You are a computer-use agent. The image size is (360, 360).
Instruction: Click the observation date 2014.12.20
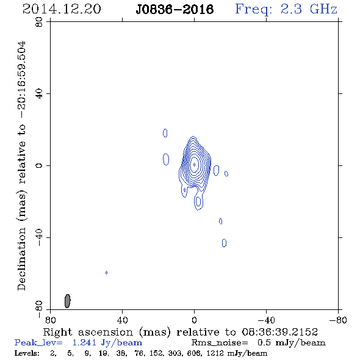62,9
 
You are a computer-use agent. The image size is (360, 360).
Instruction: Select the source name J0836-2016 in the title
175,9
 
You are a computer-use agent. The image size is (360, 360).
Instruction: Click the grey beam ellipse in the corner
67,301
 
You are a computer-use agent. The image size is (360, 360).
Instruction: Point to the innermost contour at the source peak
195,165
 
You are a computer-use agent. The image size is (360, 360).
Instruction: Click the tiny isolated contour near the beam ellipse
106,273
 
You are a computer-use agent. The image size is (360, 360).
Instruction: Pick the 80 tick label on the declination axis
39,22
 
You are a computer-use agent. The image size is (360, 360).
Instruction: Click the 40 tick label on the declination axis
39,94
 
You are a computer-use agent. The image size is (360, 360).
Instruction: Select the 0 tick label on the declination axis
39,165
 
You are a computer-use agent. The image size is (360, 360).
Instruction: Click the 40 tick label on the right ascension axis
122,320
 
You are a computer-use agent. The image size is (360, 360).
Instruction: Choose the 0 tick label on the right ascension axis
194,320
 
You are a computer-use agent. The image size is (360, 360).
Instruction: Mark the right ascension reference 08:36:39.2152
280,332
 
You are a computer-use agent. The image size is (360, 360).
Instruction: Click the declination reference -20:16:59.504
21,80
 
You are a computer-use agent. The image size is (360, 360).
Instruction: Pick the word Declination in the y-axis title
21,259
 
